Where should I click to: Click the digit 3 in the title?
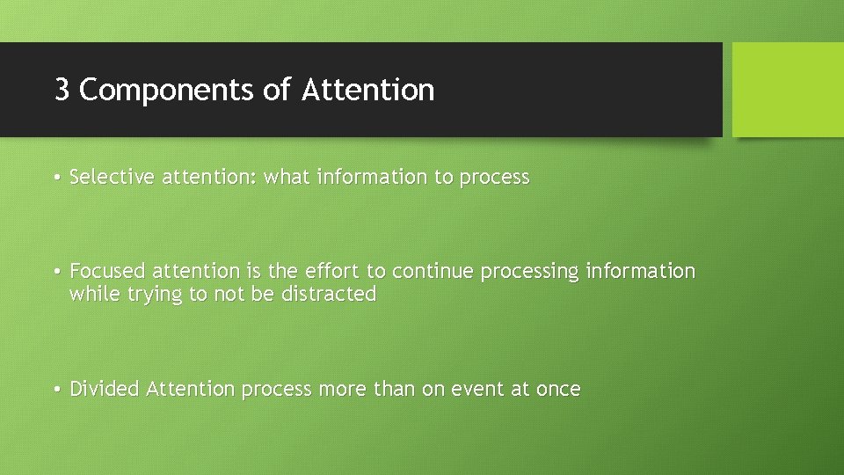click(x=62, y=90)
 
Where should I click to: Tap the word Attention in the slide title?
click(x=367, y=90)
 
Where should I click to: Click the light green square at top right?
click(x=787, y=90)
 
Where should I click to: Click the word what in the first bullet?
click(x=287, y=177)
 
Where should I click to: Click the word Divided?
click(x=105, y=389)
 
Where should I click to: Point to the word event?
click(x=478, y=389)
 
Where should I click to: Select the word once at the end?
click(x=558, y=389)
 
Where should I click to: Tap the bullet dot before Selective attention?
click(x=55, y=178)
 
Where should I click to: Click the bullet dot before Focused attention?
click(x=55, y=272)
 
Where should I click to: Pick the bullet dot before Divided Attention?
click(x=55, y=390)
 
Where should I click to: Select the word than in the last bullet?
click(x=397, y=389)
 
